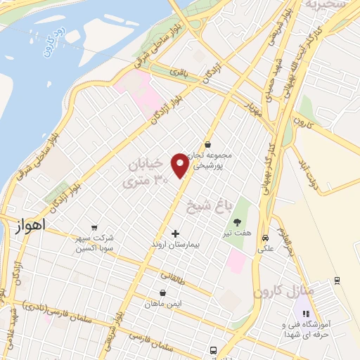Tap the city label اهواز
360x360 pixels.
coord(29,226)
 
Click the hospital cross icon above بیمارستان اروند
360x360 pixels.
coord(175,233)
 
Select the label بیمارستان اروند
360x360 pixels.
coord(175,244)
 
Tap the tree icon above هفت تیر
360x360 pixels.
coord(236,222)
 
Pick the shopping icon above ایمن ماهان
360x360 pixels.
coord(162,293)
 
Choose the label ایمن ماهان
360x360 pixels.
coord(162,304)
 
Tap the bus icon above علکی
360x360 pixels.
coord(265,238)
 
